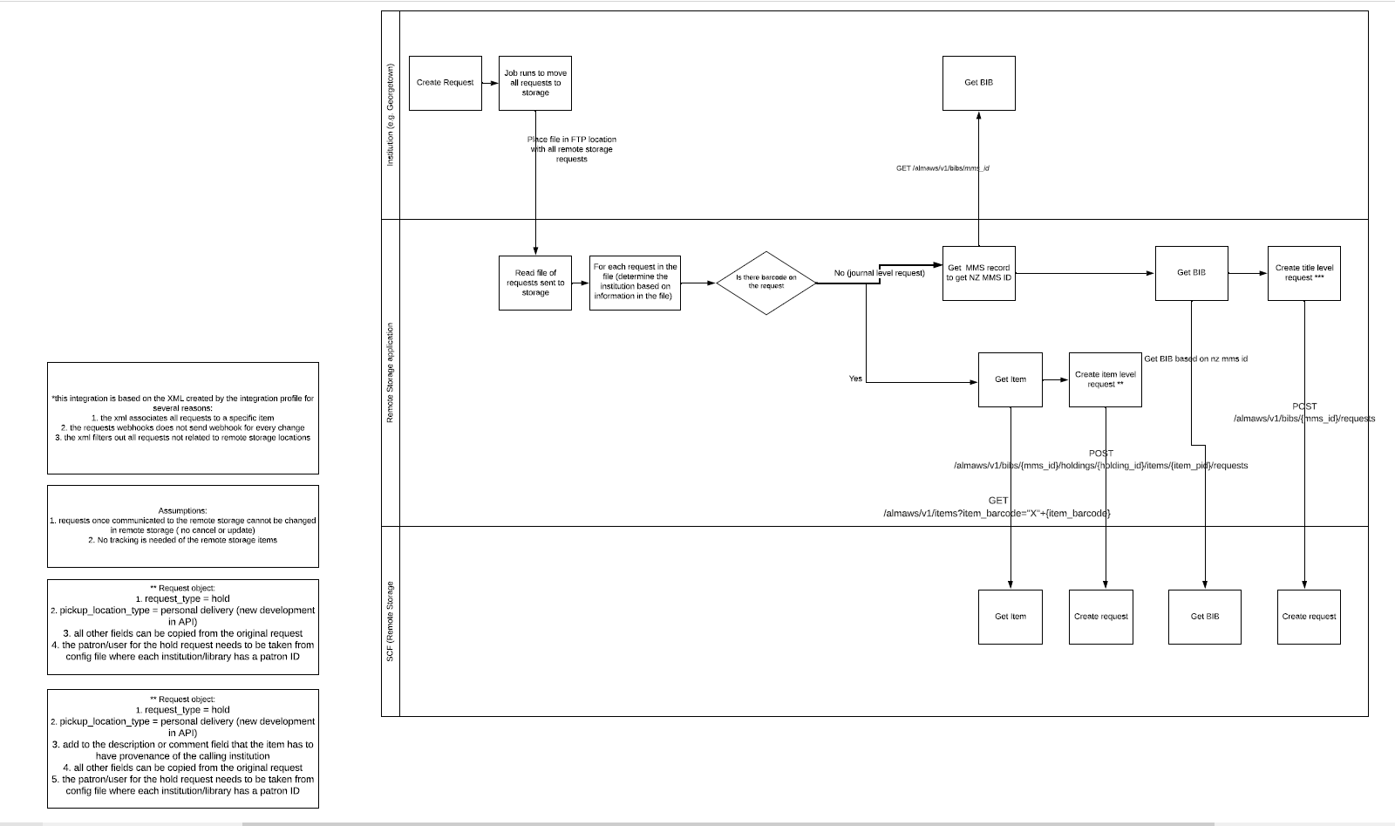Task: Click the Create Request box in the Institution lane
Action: tap(445, 83)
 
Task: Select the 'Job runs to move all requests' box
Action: tap(534, 83)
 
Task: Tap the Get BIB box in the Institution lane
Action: tap(978, 83)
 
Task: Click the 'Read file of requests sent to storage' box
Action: tap(534, 283)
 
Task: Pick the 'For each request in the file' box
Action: tap(635, 282)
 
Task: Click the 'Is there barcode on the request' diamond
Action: tap(766, 282)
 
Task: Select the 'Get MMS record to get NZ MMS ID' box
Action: tap(978, 273)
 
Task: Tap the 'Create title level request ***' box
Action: tap(1303, 273)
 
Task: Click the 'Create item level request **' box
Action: tap(1105, 379)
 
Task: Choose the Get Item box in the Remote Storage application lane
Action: tap(1010, 379)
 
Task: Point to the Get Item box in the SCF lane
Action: tap(1010, 617)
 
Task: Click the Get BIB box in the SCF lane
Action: tap(1204, 617)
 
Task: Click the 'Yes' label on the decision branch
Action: tap(855, 379)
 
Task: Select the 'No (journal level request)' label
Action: tap(878, 273)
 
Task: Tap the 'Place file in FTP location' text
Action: tap(572, 149)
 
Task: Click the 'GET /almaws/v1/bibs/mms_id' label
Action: tap(942, 167)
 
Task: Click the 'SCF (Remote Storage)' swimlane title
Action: tap(391, 620)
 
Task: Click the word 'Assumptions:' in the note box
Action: tap(182, 510)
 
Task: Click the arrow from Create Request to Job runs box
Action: tap(489, 83)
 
